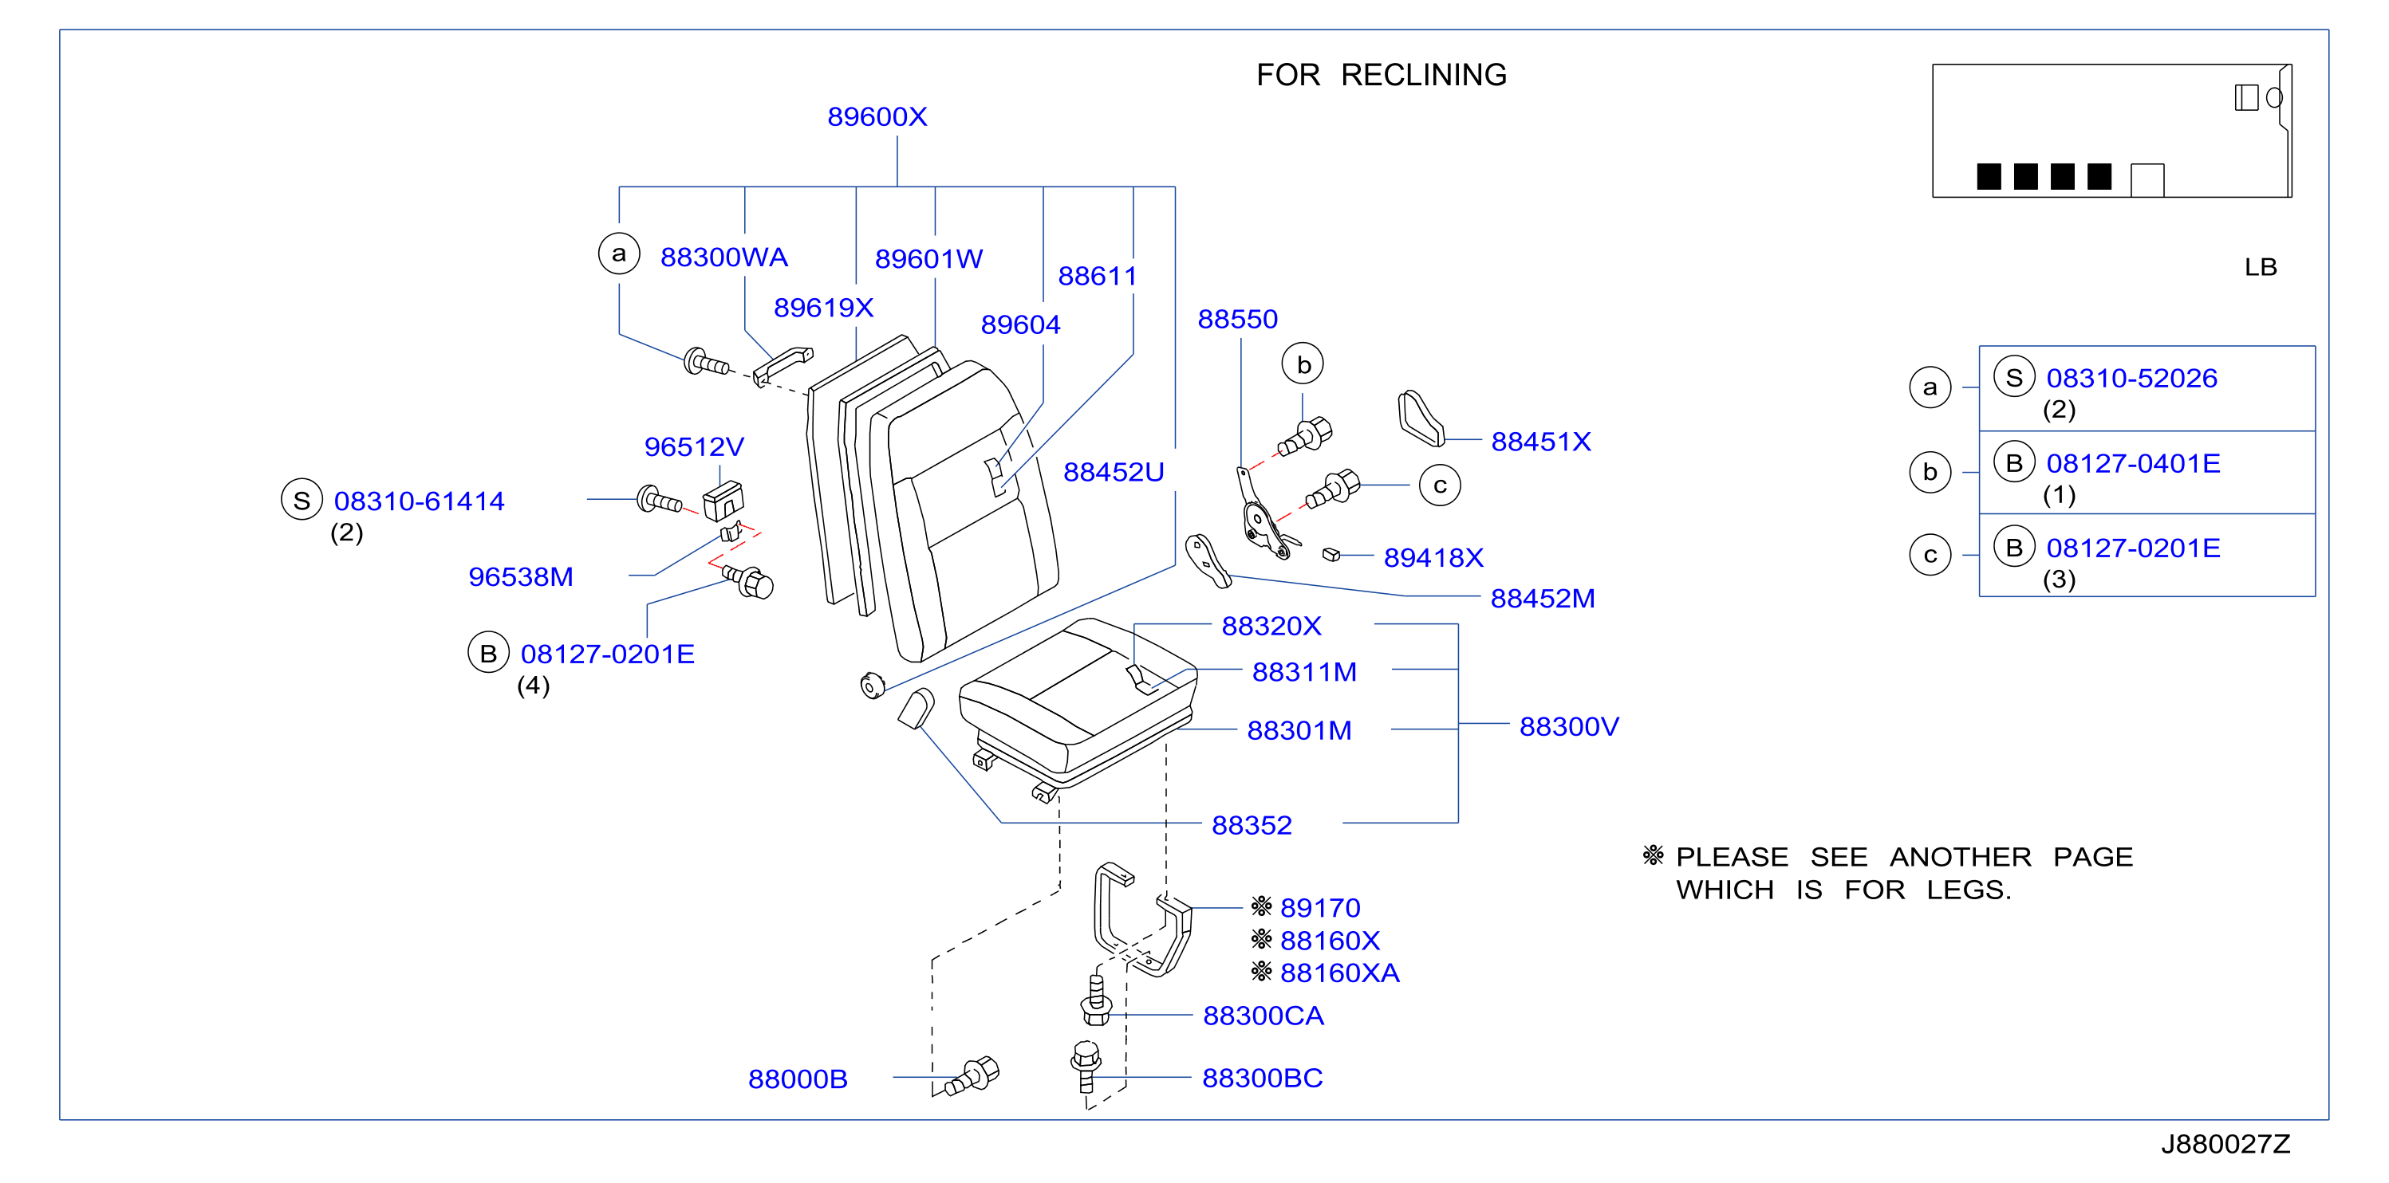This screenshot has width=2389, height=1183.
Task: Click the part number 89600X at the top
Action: coord(877,117)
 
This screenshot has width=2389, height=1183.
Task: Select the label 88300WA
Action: coord(723,257)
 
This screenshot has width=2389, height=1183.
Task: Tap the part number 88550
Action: coord(1237,319)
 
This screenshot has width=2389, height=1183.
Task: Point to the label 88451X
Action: coord(1540,442)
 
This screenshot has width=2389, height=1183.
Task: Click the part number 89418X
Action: coord(1433,557)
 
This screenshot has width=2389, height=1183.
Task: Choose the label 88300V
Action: coord(1568,726)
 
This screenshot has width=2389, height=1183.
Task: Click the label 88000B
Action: coord(798,1079)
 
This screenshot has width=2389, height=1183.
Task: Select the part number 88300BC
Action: coord(1262,1077)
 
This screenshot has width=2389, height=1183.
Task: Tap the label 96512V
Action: coord(694,447)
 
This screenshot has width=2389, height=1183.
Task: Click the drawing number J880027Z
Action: coord(2225,1143)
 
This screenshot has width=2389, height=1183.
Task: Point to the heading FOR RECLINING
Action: coord(1381,74)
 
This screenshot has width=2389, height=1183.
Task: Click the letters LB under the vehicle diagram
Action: coord(2260,267)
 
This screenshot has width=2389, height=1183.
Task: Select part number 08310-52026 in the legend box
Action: coord(2131,379)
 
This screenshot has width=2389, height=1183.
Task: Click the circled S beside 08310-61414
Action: coord(302,500)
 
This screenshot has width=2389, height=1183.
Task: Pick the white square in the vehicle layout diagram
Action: coord(2147,180)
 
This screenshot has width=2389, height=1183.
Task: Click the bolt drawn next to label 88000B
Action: coord(971,1077)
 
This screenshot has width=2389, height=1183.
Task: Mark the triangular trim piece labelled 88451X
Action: coord(1420,419)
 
